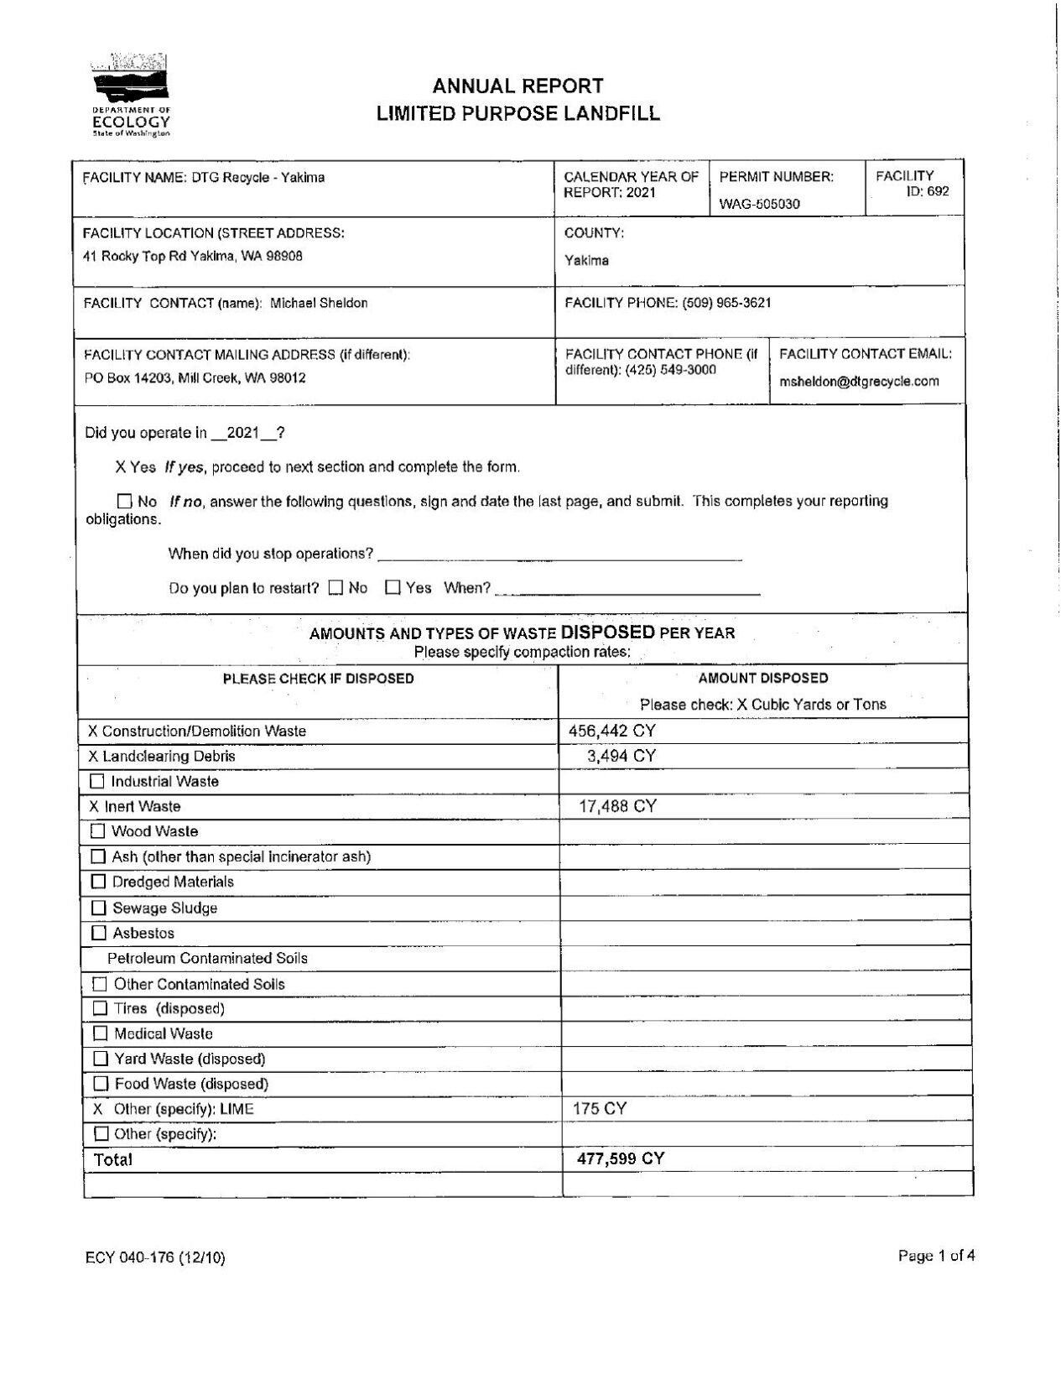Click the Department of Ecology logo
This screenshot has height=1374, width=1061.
tap(130, 96)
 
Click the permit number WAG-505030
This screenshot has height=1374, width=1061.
tap(759, 204)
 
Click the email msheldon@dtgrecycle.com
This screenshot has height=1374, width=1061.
tap(859, 382)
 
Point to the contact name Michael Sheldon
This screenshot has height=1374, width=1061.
tap(319, 304)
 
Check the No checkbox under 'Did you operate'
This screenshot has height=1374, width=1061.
tap(125, 502)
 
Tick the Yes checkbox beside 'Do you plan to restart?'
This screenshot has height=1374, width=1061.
tap(393, 588)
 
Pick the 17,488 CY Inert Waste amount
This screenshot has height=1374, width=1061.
tap(617, 806)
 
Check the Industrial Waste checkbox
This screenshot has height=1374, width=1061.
tap(98, 782)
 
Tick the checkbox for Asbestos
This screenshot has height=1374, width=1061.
tap(99, 933)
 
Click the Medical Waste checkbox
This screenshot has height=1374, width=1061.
tap(101, 1033)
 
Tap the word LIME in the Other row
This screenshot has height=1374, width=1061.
tap(237, 1109)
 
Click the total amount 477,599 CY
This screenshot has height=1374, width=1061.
tap(620, 1159)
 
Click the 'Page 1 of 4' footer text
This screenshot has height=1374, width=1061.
tap(935, 1256)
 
